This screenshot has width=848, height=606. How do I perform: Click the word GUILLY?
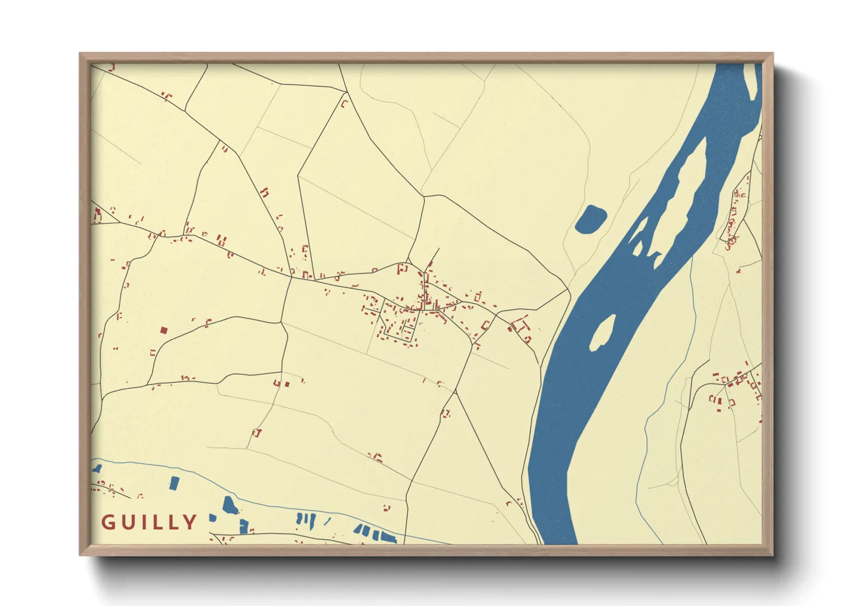click(x=150, y=522)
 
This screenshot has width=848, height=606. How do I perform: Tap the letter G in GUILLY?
click(x=108, y=522)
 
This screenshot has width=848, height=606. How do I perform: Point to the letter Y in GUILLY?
click(x=190, y=522)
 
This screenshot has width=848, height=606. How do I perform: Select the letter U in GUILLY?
click(x=127, y=522)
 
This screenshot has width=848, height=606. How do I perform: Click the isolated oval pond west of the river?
click(x=590, y=219)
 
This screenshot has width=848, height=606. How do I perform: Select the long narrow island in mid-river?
click(x=682, y=183)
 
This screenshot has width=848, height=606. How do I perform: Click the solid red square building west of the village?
click(x=163, y=330)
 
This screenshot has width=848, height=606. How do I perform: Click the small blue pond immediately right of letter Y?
click(x=213, y=518)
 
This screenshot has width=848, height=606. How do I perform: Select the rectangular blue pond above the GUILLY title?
click(x=174, y=483)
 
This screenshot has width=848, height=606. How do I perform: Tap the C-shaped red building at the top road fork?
click(x=344, y=104)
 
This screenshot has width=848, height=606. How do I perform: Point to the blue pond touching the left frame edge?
click(x=97, y=469)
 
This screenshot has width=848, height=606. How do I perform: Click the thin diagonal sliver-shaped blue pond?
click(x=327, y=521)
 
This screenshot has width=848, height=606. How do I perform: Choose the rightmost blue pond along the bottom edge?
click(x=390, y=538)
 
